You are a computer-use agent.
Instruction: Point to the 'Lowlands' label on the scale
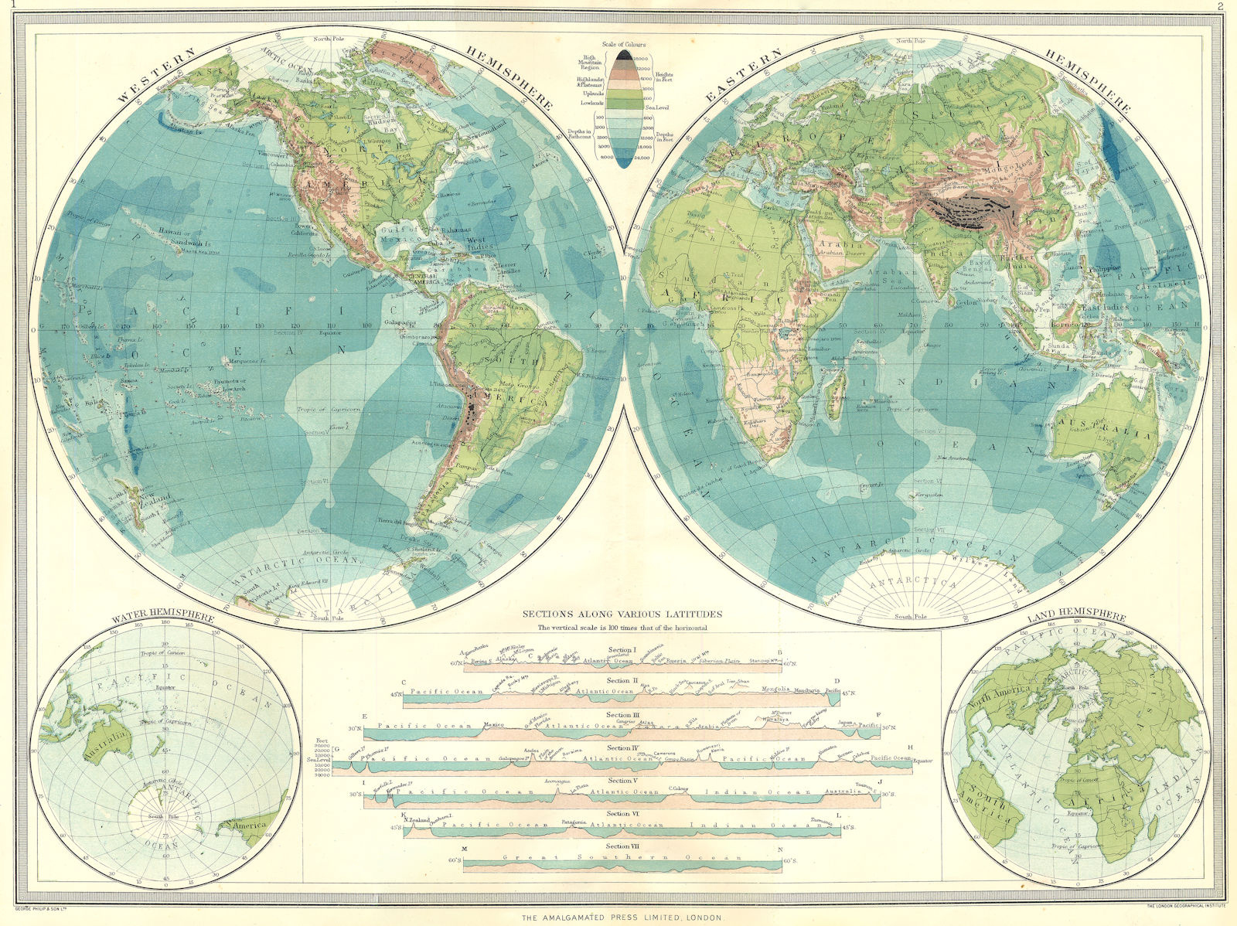pyautogui.click(x=594, y=103)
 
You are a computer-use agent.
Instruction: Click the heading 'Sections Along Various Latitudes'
pyautogui.click(x=622, y=614)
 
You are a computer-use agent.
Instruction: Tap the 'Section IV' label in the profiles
pyautogui.click(x=622, y=748)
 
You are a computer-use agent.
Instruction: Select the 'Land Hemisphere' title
pyautogui.click(x=1076, y=617)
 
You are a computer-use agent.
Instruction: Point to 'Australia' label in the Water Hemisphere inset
pyautogui.click(x=107, y=743)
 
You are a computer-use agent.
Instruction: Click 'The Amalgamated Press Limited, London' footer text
pyautogui.click(x=616, y=918)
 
